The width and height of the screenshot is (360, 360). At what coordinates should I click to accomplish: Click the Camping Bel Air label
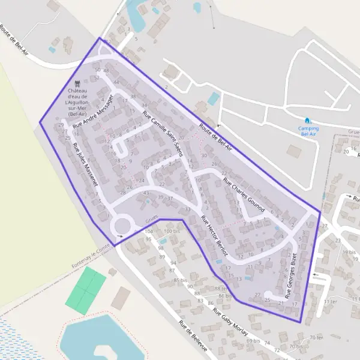click(308, 131)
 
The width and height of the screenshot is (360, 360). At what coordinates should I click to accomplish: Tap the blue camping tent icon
click(308, 121)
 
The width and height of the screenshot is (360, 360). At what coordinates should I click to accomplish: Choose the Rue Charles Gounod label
click(244, 194)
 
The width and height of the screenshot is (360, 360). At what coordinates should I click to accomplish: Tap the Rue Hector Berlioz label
click(215, 235)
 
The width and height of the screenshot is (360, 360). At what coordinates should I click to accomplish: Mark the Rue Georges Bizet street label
click(291, 275)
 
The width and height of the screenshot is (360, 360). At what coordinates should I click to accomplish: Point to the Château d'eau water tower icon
click(76, 85)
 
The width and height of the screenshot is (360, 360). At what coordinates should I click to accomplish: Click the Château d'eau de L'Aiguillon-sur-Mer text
click(77, 102)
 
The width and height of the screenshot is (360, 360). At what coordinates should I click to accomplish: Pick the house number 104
click(148, 231)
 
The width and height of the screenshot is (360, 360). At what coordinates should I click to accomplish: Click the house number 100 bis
click(172, 231)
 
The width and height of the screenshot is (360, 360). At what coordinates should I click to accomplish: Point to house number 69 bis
click(253, 340)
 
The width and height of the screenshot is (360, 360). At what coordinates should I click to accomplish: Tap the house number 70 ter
click(316, 338)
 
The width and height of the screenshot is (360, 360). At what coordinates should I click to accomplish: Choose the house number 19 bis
click(349, 253)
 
